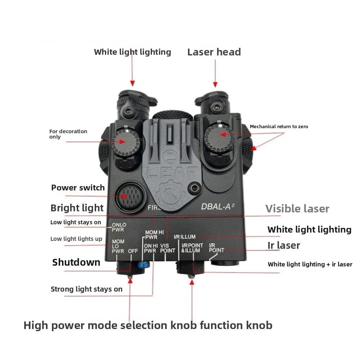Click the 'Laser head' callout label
[x=214, y=52]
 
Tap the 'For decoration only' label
[x=68, y=134]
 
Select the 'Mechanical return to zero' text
[x=279, y=126]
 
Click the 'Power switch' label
[x=78, y=188]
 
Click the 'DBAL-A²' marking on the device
[x=218, y=207]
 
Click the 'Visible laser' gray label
[x=297, y=209]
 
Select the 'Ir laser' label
[x=283, y=246]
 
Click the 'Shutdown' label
[x=76, y=262]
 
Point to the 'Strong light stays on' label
[x=86, y=289]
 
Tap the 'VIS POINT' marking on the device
[x=167, y=248]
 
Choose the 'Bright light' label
[x=77, y=208]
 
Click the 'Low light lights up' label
[x=76, y=239]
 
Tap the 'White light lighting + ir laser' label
[x=310, y=264]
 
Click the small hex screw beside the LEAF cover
[x=195, y=188]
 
